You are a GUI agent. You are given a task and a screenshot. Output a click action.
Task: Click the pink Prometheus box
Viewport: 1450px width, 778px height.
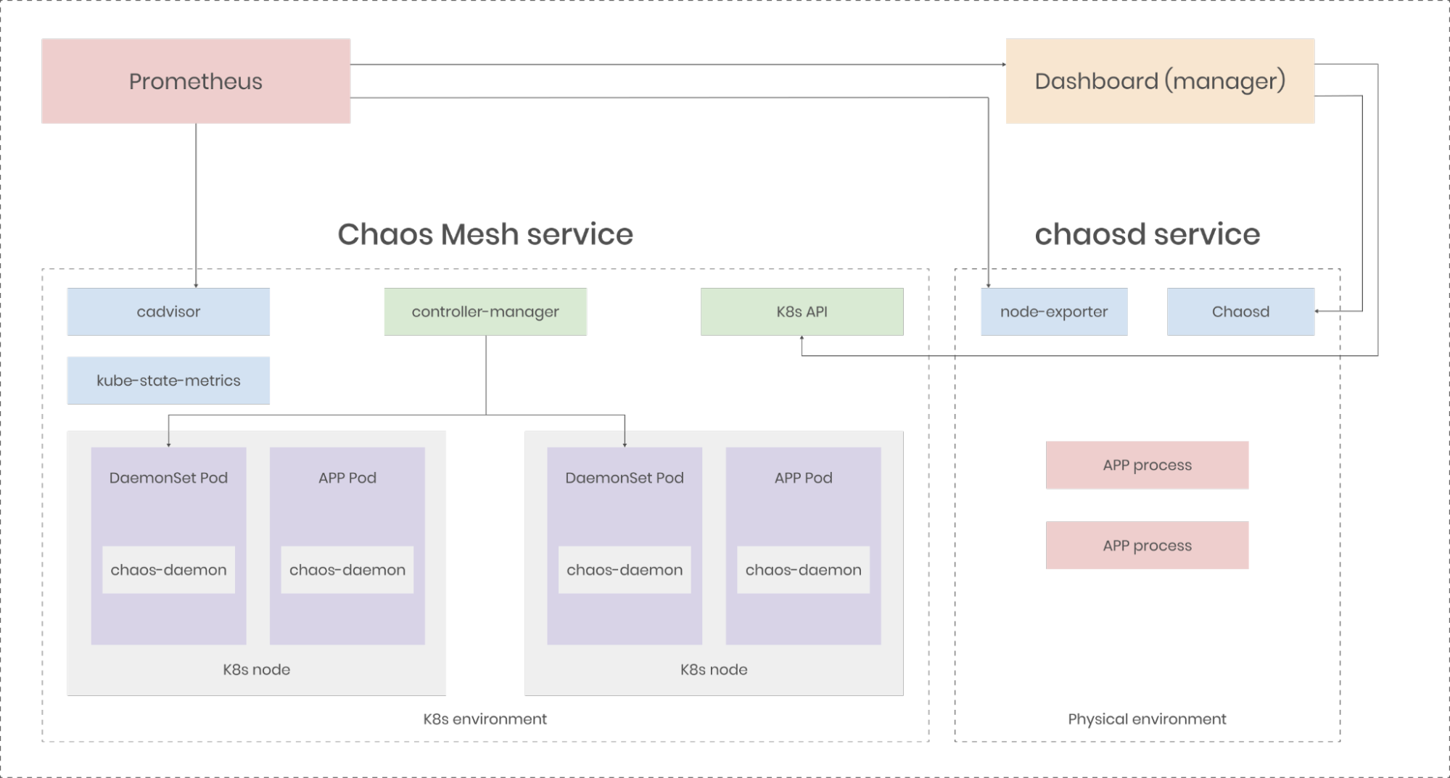click(196, 81)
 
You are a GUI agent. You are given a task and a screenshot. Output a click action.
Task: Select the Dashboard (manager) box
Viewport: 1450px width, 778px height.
click(1159, 81)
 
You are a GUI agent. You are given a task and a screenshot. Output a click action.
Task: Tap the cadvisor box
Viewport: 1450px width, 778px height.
click(168, 312)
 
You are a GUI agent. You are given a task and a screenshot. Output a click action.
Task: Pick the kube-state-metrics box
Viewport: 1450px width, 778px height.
click(168, 380)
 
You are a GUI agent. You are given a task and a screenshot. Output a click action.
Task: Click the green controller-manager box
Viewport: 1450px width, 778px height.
click(485, 312)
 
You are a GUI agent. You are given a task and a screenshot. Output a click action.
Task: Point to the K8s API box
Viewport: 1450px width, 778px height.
click(802, 312)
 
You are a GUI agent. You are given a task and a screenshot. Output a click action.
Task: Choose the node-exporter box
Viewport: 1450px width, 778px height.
click(1053, 312)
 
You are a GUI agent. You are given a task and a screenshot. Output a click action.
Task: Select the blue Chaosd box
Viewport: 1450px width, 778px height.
click(1240, 312)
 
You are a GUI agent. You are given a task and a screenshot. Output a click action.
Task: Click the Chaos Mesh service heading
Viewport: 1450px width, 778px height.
click(485, 234)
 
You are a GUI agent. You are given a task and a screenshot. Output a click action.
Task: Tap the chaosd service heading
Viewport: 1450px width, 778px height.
click(1147, 234)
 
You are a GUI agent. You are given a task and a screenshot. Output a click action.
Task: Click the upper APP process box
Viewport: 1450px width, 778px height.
click(1147, 465)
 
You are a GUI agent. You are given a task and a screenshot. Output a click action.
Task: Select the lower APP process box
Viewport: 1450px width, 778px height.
click(1147, 545)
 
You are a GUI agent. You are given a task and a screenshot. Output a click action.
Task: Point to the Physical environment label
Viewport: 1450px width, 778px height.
click(1147, 719)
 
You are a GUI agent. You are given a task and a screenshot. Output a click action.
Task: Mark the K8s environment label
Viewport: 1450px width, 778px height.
click(485, 719)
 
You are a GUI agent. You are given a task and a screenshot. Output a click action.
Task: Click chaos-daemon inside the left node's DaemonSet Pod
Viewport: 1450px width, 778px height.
click(168, 570)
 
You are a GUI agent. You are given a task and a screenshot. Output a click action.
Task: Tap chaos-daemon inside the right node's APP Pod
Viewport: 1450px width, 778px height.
click(803, 570)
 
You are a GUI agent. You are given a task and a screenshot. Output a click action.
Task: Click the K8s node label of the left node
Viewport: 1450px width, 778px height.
click(256, 669)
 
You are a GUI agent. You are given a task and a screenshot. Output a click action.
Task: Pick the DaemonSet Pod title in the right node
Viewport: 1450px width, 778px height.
click(624, 478)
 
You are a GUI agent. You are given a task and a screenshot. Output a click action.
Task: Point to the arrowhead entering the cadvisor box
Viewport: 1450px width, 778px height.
click(196, 286)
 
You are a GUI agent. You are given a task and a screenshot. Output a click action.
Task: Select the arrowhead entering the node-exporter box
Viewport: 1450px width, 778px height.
click(988, 286)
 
